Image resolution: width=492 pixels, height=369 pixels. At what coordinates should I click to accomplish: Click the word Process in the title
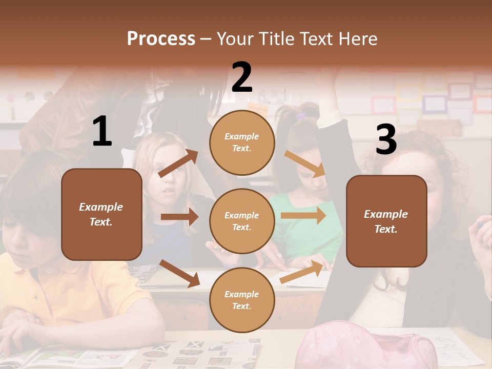point(161,39)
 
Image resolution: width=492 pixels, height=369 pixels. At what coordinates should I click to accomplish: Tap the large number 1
point(102,132)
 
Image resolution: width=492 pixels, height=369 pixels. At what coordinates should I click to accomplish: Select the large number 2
point(242,77)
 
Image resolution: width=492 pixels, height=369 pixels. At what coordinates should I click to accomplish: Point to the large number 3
point(386,139)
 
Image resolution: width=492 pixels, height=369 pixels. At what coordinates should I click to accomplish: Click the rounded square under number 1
point(101,214)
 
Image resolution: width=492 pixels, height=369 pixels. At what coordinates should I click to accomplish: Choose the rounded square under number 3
point(386,221)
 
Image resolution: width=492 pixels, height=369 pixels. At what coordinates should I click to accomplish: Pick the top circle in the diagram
point(242,142)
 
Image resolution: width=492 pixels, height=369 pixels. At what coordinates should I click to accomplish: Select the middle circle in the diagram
point(242,221)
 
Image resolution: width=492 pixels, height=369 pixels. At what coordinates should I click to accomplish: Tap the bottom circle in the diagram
point(242,300)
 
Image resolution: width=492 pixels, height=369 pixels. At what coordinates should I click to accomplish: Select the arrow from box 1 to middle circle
point(179,217)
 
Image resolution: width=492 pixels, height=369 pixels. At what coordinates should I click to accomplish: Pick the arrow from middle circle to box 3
point(303,216)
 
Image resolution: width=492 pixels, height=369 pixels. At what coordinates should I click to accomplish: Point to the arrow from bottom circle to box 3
point(302,272)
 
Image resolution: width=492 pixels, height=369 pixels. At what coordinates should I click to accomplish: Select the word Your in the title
point(235,39)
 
